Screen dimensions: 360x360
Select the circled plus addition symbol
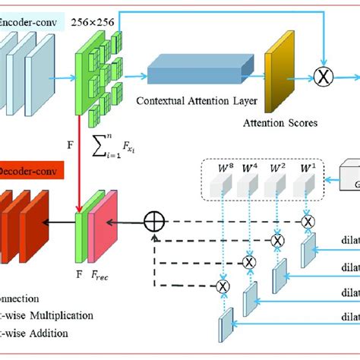click(x=155, y=223)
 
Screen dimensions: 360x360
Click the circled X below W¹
click(x=307, y=221)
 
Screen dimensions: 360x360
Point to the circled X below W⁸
click(x=223, y=286)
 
